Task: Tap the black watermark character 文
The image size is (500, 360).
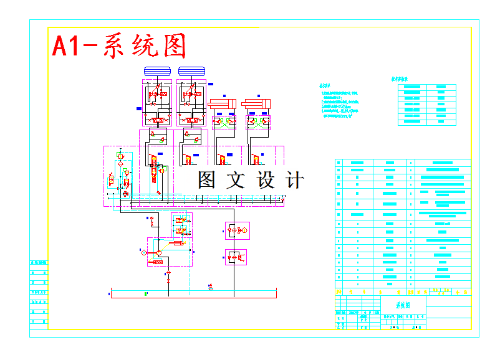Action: [236, 180]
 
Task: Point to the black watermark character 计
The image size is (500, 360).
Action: [294, 180]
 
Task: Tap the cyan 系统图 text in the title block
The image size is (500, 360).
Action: [404, 305]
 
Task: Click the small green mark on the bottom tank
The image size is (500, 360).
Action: [146, 293]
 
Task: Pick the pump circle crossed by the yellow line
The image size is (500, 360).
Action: [159, 252]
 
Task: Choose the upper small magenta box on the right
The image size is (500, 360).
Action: [237, 230]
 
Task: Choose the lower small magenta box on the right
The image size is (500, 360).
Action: [236, 257]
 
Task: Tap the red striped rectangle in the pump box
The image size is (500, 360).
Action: [158, 263]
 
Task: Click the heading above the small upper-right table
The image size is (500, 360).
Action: [400, 80]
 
